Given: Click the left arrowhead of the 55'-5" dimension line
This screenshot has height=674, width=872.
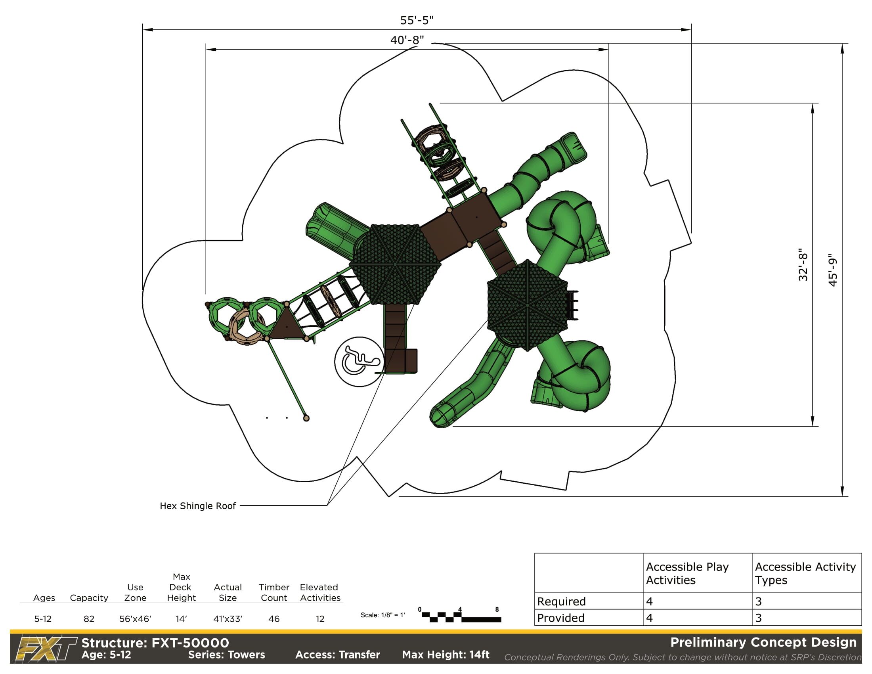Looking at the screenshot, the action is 148,30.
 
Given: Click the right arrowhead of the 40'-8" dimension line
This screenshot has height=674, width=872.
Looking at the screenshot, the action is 604,50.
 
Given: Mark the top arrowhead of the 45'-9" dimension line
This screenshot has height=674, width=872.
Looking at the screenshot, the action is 842,48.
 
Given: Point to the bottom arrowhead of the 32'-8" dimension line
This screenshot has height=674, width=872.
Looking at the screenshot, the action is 813,421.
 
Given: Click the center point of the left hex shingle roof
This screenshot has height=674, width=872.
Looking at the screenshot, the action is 395,264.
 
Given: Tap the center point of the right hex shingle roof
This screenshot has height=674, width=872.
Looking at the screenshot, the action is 528,305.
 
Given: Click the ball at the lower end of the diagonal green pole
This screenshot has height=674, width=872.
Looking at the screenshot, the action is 306,418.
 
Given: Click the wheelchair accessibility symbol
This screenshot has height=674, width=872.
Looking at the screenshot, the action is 359,362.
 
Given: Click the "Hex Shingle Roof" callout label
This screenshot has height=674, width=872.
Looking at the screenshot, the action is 198,506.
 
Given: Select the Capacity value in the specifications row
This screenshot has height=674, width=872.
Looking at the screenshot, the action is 89,619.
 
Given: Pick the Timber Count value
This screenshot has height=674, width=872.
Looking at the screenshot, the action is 274,619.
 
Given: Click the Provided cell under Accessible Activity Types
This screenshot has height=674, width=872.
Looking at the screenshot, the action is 807,618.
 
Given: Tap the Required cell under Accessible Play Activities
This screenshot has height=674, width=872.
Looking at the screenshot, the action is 698,601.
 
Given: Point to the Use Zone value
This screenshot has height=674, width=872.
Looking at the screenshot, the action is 135,619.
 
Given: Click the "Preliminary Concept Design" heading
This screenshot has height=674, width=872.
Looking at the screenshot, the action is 763,642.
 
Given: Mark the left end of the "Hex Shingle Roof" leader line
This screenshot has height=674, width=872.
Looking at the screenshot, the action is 240,505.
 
